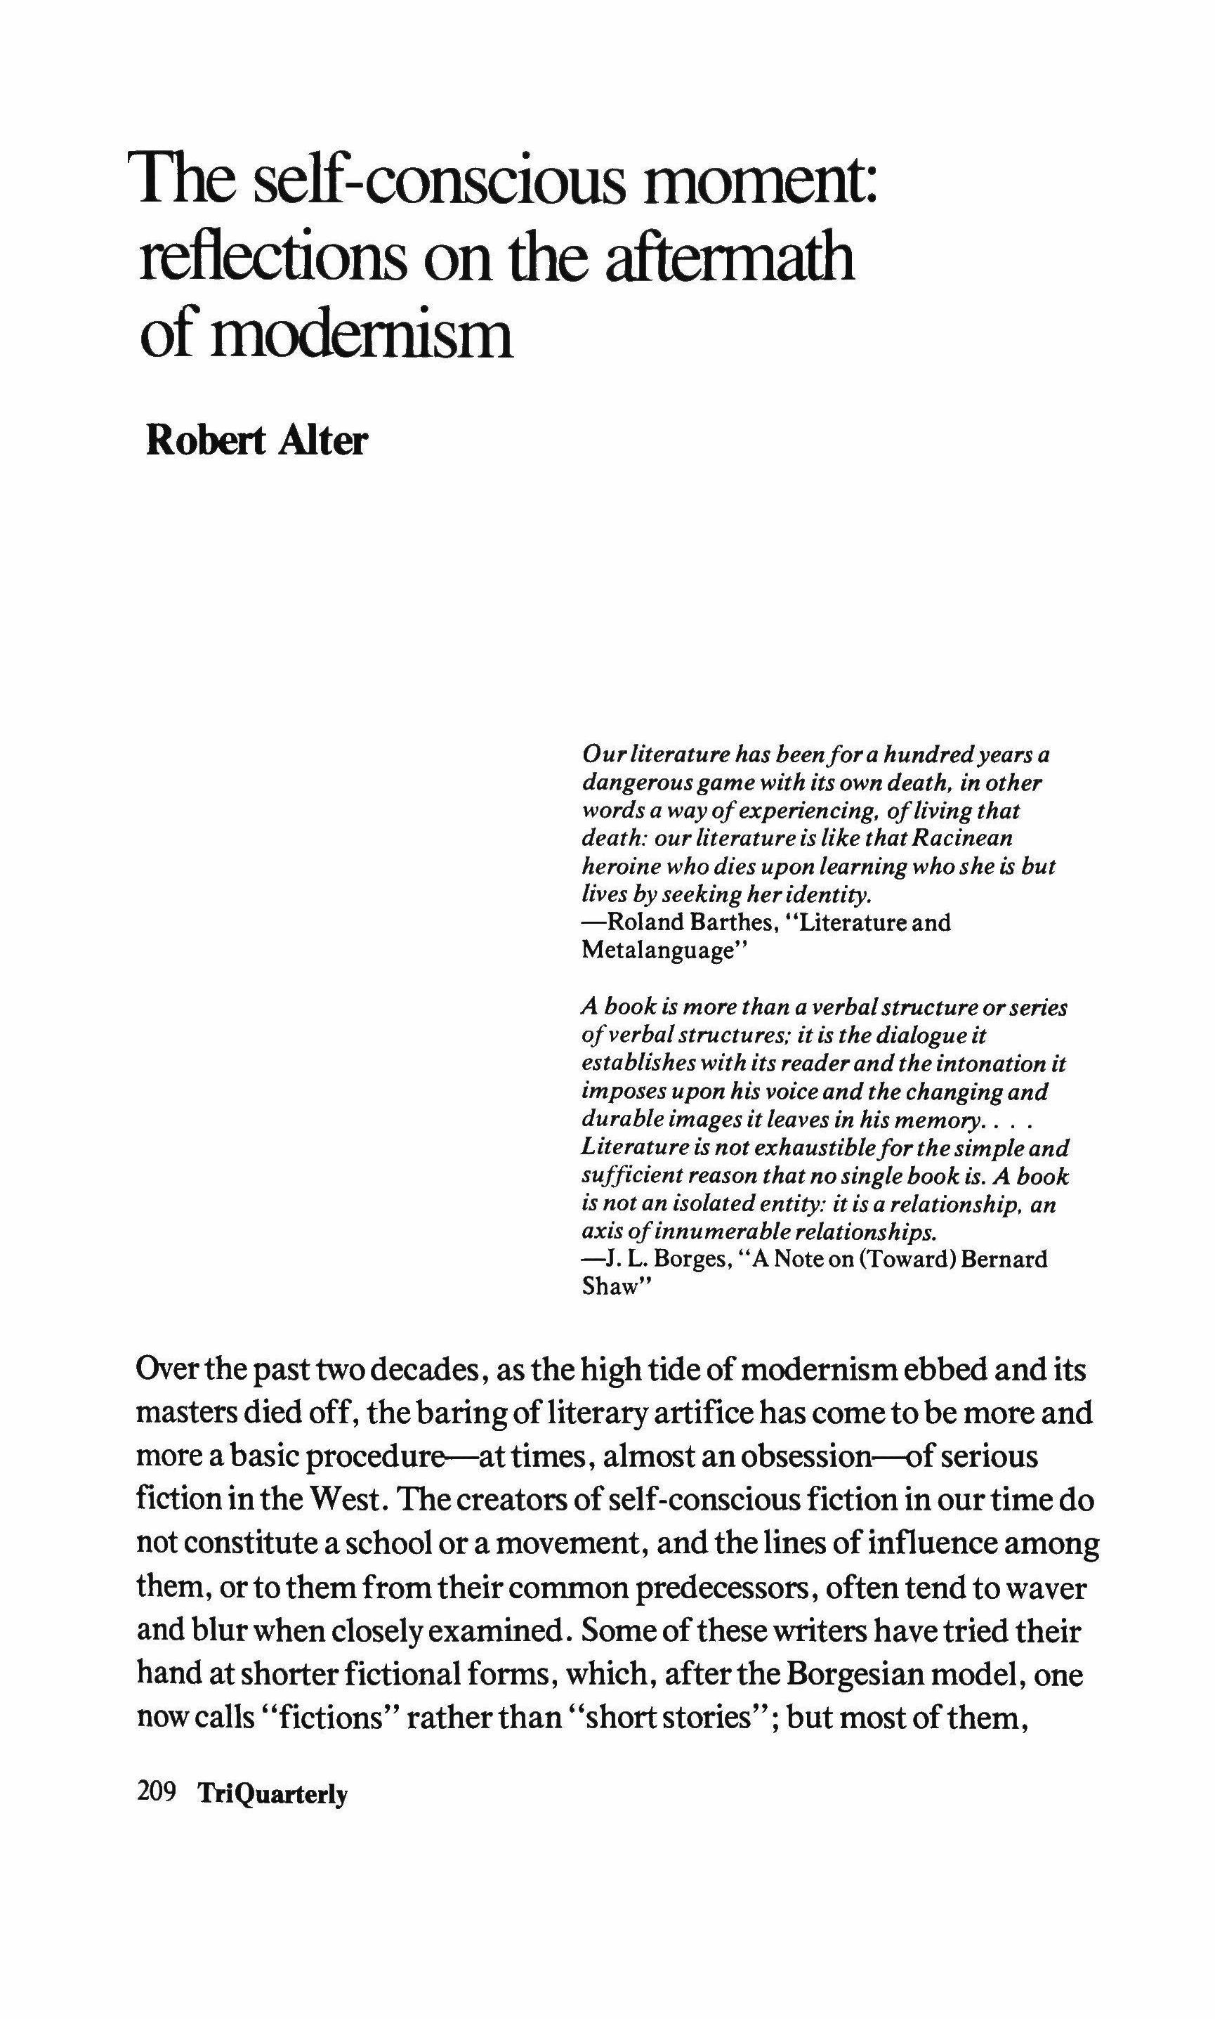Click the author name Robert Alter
pos(256,441)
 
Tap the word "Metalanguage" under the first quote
pos(655,950)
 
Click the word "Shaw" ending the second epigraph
pos(610,1286)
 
